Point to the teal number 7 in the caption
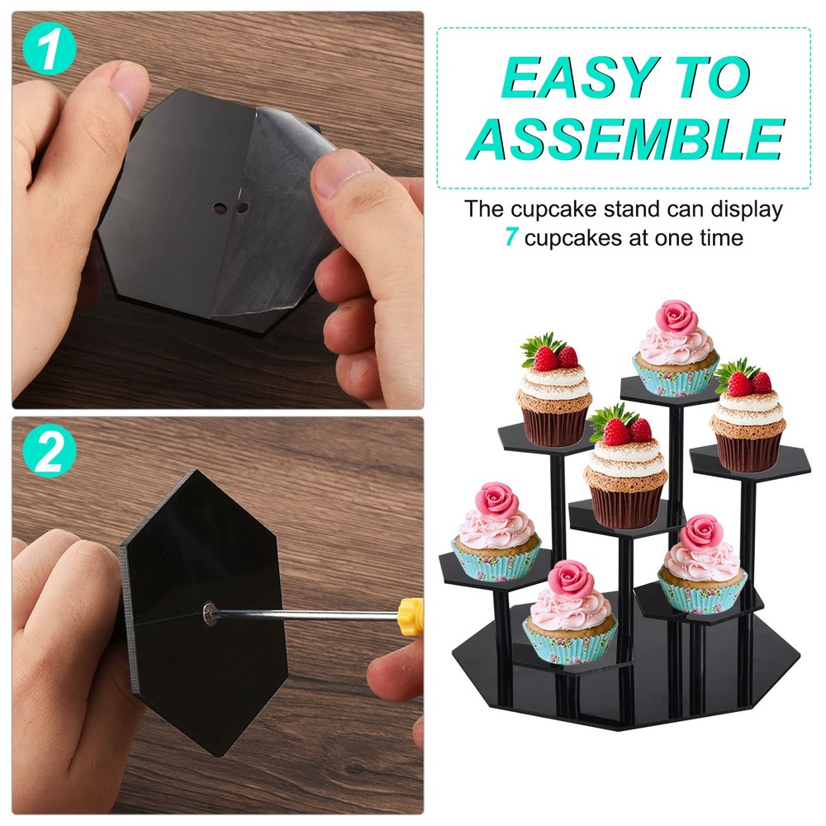pos(511,239)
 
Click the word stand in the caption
pos(644,209)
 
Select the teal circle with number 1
pos(50,50)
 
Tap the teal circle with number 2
pos(50,453)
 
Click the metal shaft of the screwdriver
pos(306,613)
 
